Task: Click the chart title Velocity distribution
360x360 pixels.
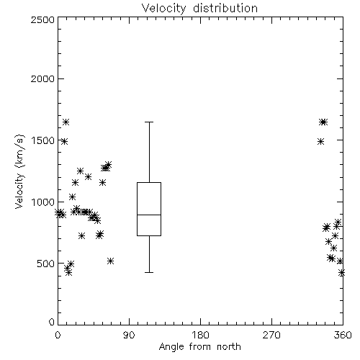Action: [x=199, y=8]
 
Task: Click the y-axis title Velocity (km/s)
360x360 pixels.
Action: [x=19, y=171]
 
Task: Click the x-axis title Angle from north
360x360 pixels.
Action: [x=199, y=347]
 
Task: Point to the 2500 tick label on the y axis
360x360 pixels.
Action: [x=42, y=19]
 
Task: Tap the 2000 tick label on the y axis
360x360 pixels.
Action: [x=42, y=78]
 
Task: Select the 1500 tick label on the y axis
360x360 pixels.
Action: [x=43, y=140]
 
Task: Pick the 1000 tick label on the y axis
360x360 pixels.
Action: [x=43, y=202]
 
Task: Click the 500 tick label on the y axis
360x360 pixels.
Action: [x=46, y=264]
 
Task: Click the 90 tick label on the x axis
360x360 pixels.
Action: [x=129, y=335]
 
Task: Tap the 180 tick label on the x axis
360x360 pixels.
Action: [x=200, y=335]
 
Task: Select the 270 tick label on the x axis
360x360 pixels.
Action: [x=271, y=335]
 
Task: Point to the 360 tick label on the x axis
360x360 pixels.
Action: [x=343, y=335]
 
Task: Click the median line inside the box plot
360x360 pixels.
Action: [x=149, y=215]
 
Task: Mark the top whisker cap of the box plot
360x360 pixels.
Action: [x=149, y=122]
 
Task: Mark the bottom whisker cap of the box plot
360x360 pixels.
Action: [x=149, y=272]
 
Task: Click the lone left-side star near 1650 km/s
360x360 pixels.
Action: [x=66, y=122]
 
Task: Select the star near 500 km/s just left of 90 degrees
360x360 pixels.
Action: [x=110, y=261]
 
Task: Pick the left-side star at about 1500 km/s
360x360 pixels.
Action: [x=64, y=141]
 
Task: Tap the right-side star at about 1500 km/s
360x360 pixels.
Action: [x=320, y=141]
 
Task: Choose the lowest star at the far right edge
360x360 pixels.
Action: [x=341, y=273]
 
